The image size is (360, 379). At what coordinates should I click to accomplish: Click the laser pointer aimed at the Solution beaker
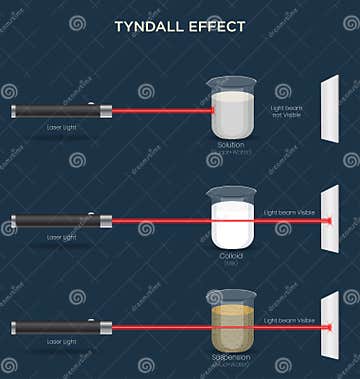coord(59,111)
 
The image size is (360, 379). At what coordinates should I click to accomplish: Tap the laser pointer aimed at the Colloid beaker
coord(59,219)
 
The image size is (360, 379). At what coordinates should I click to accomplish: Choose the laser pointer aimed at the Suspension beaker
coord(59,327)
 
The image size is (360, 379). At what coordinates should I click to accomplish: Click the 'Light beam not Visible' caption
coord(286,110)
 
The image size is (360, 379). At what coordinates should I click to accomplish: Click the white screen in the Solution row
coord(330,108)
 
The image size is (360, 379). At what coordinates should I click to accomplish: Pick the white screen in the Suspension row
coord(330,324)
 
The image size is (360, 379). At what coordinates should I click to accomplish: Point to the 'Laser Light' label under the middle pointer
coord(61,238)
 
